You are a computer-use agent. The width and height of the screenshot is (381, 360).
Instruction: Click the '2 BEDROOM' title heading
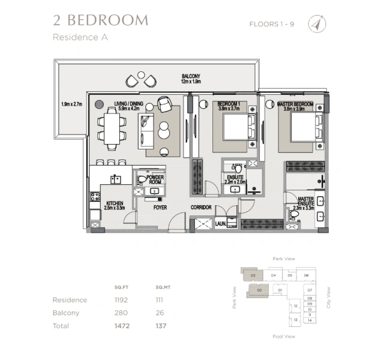point(100,20)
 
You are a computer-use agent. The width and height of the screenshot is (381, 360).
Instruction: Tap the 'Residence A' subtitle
point(76,37)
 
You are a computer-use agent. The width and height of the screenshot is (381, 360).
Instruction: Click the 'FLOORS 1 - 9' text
point(272,24)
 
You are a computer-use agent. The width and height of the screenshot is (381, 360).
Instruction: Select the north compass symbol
point(316,24)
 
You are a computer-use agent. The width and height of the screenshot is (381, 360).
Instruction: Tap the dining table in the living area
point(113,128)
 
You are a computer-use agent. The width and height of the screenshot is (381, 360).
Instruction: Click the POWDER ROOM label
point(156,180)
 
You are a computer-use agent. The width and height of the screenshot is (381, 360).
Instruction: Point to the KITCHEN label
point(115,206)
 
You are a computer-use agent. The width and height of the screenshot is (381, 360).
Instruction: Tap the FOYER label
point(160,208)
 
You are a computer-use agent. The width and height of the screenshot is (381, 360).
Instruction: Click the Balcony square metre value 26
point(159,313)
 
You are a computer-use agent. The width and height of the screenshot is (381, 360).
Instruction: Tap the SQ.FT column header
point(122,286)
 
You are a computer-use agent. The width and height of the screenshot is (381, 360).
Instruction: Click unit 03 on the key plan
point(253,275)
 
